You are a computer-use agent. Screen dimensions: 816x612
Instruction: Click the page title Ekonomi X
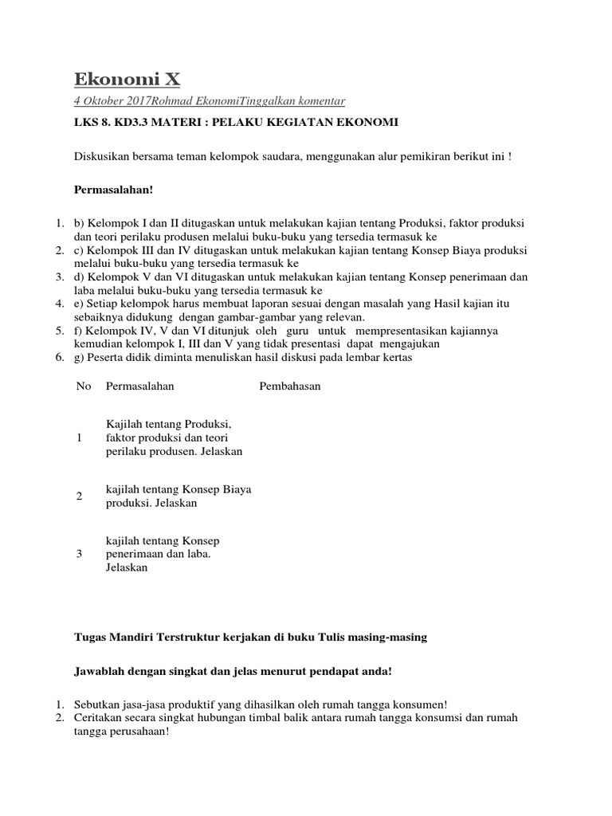[127, 78]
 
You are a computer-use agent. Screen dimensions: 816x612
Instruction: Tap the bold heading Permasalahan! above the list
[108, 190]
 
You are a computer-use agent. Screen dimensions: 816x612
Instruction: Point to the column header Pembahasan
[290, 386]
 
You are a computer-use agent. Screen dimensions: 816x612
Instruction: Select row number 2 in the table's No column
[79, 496]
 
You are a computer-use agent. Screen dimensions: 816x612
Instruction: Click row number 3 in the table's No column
[79, 554]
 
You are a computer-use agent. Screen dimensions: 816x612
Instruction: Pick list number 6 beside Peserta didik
[60, 358]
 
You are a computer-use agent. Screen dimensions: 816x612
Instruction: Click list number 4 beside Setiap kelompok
[60, 304]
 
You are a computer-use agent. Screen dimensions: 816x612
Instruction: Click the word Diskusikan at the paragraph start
[102, 156]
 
